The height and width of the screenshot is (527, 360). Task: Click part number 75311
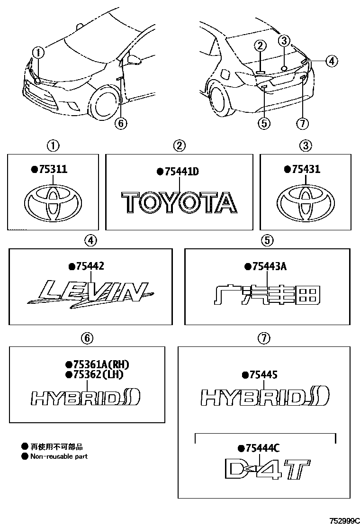pos(53,169)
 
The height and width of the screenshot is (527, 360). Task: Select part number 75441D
pos(182,172)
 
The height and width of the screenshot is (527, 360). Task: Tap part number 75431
pos(306,169)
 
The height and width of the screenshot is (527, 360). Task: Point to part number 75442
pos(90,266)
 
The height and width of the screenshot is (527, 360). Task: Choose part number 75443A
pos(269,266)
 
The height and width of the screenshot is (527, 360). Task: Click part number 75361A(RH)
pos(101,364)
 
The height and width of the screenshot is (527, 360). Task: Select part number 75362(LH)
pos(98,374)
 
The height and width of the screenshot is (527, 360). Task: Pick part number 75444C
pos(262,448)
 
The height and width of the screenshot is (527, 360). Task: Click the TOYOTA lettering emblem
pos(180,202)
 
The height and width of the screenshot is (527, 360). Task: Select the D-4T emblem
pos(267,470)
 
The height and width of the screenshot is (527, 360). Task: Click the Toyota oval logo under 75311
pos(53,202)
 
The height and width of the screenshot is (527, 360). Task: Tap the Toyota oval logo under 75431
pos(306,202)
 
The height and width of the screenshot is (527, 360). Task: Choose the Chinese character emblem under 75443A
pos(267,295)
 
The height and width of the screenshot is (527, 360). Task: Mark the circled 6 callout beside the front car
pos(121,123)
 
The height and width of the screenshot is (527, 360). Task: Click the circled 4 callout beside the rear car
pos(332,61)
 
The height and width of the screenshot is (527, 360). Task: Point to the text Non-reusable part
pos(59,456)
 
